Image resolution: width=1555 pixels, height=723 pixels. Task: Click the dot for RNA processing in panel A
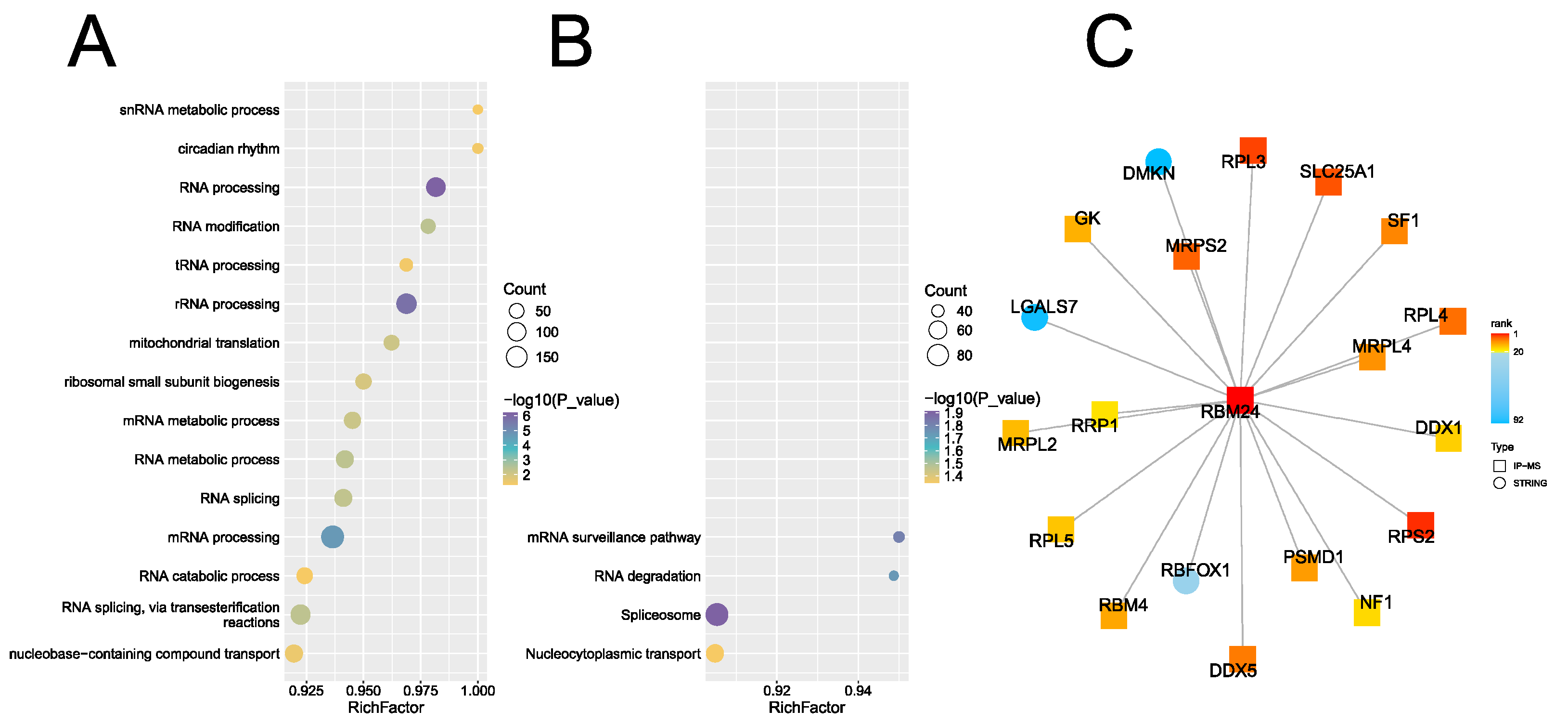[x=435, y=187]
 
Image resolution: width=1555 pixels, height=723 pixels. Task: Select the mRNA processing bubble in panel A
[x=333, y=537]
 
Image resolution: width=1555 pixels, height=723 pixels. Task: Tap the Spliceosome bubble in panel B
[x=717, y=614]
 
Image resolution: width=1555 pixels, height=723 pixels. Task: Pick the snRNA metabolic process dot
[x=477, y=109]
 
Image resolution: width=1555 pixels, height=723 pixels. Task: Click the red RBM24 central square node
[x=1240, y=399]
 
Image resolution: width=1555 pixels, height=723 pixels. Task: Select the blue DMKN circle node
[x=1158, y=161]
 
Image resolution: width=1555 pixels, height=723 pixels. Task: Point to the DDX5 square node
[x=1242, y=658]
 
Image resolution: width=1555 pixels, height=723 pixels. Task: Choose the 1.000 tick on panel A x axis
[x=477, y=690]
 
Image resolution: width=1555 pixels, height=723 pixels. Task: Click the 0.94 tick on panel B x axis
[x=857, y=690]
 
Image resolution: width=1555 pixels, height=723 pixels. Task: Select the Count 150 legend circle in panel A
[x=516, y=357]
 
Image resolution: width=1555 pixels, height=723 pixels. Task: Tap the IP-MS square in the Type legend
[x=1499, y=466]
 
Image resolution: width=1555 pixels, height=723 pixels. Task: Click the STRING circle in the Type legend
[x=1499, y=483]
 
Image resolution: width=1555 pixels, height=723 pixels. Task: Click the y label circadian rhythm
[x=228, y=148]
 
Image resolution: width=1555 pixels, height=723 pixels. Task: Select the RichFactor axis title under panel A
[x=386, y=707]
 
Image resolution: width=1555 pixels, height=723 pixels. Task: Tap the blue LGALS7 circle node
[x=1034, y=318]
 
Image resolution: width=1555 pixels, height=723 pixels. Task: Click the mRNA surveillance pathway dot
[x=898, y=537]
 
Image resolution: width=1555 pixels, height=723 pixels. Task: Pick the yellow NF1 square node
[x=1367, y=613]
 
